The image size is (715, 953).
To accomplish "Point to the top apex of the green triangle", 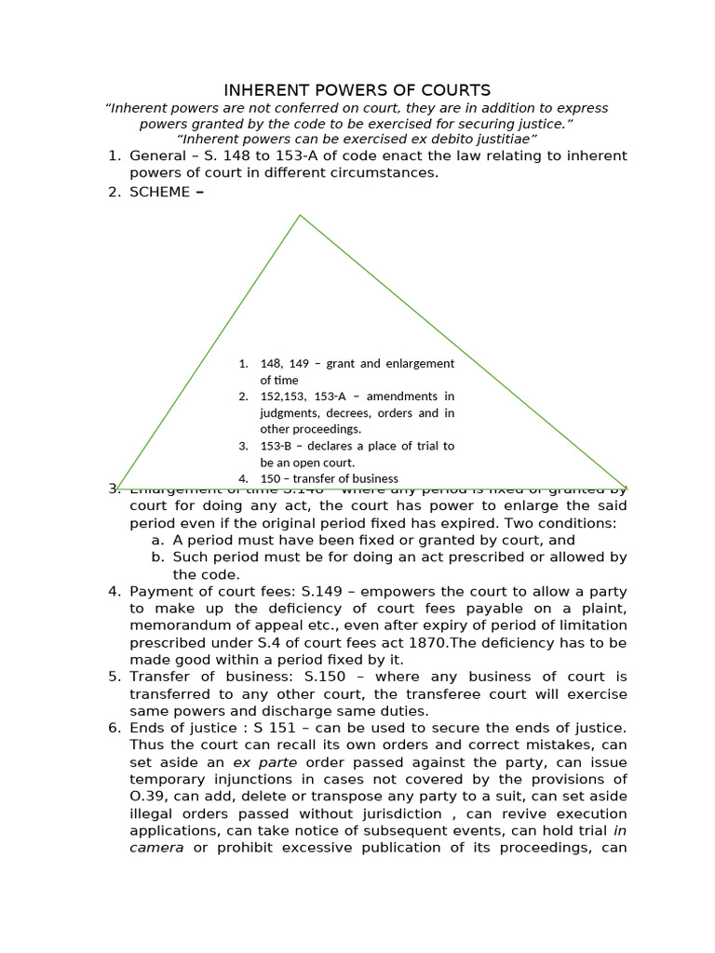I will pos(300,216).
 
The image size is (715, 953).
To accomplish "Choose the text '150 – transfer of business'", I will pos(329,478).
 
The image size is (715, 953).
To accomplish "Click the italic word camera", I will pos(156,848).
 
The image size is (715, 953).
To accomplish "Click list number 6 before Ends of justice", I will pos(114,728).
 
